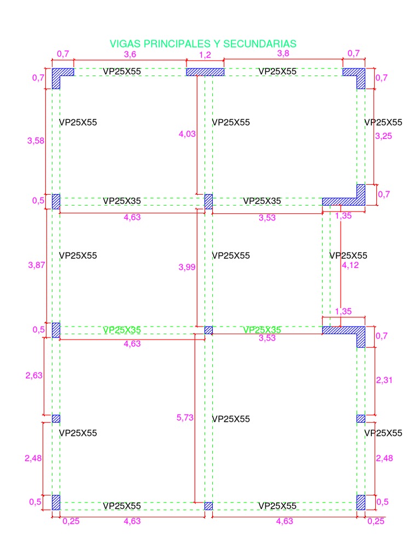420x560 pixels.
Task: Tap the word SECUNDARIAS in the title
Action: [260, 44]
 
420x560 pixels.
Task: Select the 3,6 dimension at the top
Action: [130, 54]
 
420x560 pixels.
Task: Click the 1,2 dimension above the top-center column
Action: [205, 55]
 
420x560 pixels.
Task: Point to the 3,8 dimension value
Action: [283, 54]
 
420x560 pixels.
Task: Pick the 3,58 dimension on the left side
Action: [36, 141]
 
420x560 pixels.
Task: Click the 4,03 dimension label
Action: [187, 134]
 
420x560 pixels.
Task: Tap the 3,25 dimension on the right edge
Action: [383, 136]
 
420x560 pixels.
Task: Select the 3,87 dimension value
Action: [37, 265]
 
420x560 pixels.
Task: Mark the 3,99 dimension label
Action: [187, 267]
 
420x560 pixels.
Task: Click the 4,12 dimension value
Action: [351, 265]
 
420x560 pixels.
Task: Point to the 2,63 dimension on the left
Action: [34, 375]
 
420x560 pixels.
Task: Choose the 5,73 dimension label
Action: [185, 417]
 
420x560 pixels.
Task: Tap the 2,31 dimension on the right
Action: [384, 380]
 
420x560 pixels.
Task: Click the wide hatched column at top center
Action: [206, 72]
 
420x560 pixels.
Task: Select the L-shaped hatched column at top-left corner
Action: [56, 73]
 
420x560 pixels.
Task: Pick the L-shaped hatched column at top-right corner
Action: [360, 73]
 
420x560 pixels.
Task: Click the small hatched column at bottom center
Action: [208, 506]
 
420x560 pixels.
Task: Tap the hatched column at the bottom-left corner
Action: [56, 503]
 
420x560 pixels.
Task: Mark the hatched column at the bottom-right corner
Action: [361, 503]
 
